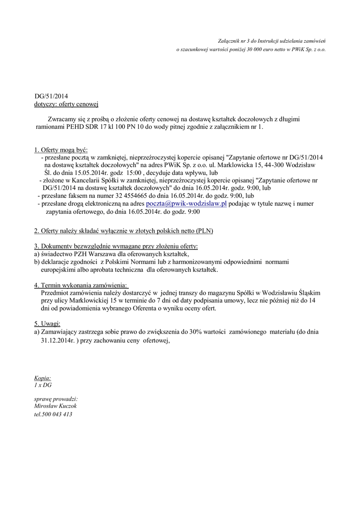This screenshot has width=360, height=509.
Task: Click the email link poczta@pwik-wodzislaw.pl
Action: (x=186, y=203)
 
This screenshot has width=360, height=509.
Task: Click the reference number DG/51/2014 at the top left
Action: (x=51, y=96)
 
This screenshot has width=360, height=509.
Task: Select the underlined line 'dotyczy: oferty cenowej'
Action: (x=67, y=104)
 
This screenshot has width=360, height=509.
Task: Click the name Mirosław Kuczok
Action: (x=55, y=406)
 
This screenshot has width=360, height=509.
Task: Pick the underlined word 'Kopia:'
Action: (x=42, y=378)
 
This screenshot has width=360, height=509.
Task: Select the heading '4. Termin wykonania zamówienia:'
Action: (x=81, y=285)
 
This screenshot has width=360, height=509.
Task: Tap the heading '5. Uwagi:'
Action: (x=47, y=323)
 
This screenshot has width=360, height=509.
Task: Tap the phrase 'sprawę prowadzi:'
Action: (x=56, y=399)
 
